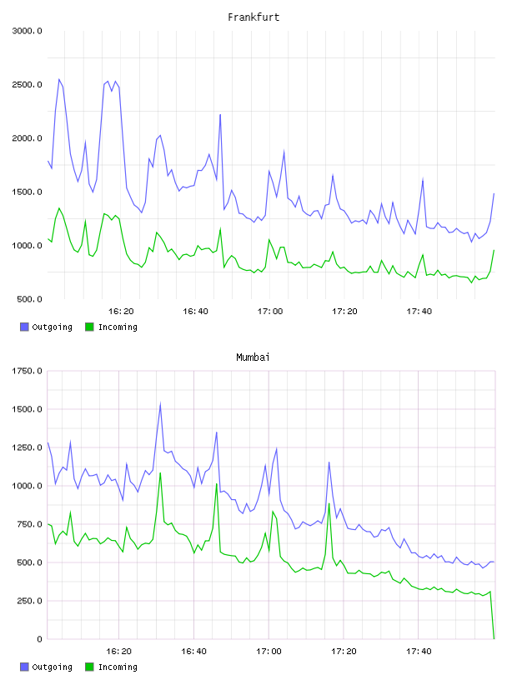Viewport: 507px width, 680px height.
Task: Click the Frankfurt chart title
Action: click(254, 17)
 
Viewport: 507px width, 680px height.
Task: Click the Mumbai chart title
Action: click(253, 357)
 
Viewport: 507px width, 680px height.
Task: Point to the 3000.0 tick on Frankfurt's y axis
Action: click(27, 31)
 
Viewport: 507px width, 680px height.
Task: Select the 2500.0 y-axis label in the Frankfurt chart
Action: click(27, 84)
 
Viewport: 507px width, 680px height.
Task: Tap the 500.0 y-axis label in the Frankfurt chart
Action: click(29, 299)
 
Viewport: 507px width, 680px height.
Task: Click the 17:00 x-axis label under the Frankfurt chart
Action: click(270, 312)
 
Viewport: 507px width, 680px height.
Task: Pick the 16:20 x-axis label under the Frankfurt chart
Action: click(121, 312)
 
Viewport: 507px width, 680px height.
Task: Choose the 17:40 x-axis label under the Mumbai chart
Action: click(419, 652)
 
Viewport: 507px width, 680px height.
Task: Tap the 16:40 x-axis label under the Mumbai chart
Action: click(193, 652)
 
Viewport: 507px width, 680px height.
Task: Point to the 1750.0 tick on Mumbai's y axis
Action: click(27, 371)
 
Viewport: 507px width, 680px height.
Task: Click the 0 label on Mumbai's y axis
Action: click(39, 639)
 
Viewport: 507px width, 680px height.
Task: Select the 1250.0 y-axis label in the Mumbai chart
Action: click(27, 447)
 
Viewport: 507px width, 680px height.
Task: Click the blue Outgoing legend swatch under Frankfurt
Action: click(24, 327)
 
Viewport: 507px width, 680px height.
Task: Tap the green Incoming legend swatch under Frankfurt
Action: click(89, 327)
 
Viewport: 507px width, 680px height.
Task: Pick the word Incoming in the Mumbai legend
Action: click(118, 667)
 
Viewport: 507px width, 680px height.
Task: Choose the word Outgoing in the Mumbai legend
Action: click(52, 667)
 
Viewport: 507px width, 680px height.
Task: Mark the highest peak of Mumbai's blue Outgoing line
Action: click(161, 403)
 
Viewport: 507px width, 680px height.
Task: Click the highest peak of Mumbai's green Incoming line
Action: click(161, 472)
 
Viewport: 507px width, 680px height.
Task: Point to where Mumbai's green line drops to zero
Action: click(494, 638)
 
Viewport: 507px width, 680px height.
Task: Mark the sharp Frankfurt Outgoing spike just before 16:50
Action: click(220, 115)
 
